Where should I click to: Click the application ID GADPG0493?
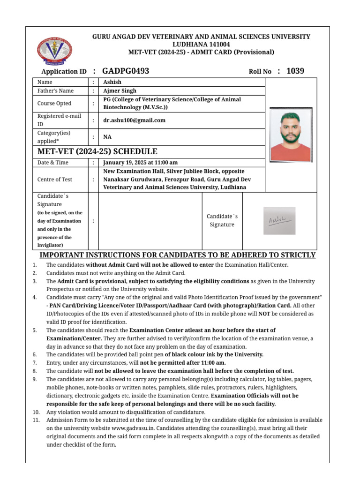(x=126, y=71)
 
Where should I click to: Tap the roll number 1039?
(x=295, y=71)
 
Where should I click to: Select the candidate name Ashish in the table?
(x=112, y=82)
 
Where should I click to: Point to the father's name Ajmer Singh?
(x=120, y=91)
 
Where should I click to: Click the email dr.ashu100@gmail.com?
(x=135, y=120)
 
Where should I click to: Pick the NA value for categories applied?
(x=107, y=137)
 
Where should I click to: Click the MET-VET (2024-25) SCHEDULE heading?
(x=97, y=151)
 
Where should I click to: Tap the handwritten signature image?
(x=279, y=221)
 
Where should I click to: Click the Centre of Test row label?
(x=55, y=180)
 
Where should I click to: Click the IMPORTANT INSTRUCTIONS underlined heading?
(x=178, y=255)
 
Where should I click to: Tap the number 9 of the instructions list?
(x=35, y=379)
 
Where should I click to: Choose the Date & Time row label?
(x=53, y=163)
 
